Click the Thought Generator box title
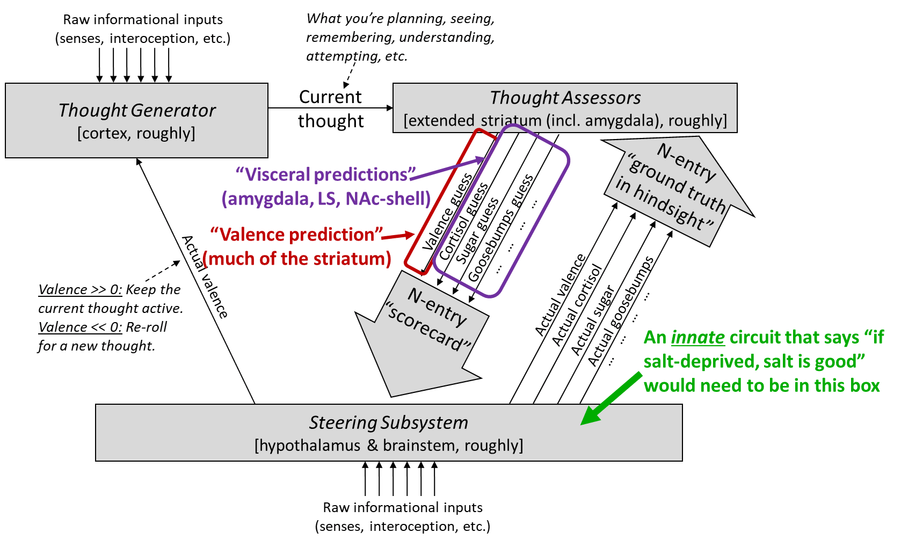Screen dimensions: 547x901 [x=137, y=110]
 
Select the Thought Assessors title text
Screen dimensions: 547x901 [x=565, y=98]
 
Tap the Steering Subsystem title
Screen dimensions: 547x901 [x=388, y=422]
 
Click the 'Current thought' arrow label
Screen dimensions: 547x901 [x=331, y=109]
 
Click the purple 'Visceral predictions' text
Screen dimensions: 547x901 [x=325, y=174]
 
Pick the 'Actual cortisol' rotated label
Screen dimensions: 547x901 [x=577, y=304]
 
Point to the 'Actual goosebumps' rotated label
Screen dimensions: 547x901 [x=621, y=311]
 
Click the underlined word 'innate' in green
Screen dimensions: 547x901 [x=697, y=337]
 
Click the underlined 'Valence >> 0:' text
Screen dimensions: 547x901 [x=80, y=290]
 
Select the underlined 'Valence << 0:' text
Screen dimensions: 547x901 [x=80, y=327]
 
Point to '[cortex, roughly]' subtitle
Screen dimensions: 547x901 [x=136, y=133]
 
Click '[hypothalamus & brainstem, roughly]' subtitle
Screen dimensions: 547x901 [x=388, y=446]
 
